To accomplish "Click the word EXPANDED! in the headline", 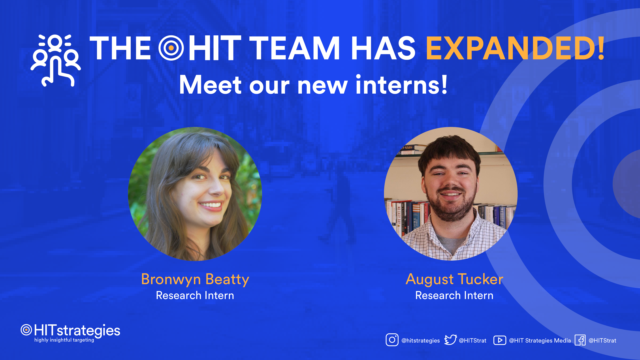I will coord(515,48).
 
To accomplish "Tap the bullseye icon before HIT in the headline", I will coord(171,48).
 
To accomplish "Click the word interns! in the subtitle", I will coord(401,85).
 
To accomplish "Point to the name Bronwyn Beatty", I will coord(195,279).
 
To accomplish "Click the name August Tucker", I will coord(454,279).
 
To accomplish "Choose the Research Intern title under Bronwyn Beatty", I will coord(195,296).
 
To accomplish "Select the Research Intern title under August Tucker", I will coord(454,296).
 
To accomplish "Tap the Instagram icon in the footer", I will coord(392,340).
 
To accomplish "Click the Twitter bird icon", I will coord(450,340).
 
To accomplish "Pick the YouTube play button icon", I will coord(500,340).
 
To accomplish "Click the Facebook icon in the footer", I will coord(580,340).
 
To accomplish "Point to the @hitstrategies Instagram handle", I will coord(420,341).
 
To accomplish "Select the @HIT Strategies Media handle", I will coord(540,341).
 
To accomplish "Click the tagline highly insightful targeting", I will coord(64,340).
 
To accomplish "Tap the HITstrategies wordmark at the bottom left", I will coord(77,330).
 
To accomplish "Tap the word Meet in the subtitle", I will coord(210,85).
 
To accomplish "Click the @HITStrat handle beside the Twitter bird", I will coord(472,341).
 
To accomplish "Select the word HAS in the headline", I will coord(383,48).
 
